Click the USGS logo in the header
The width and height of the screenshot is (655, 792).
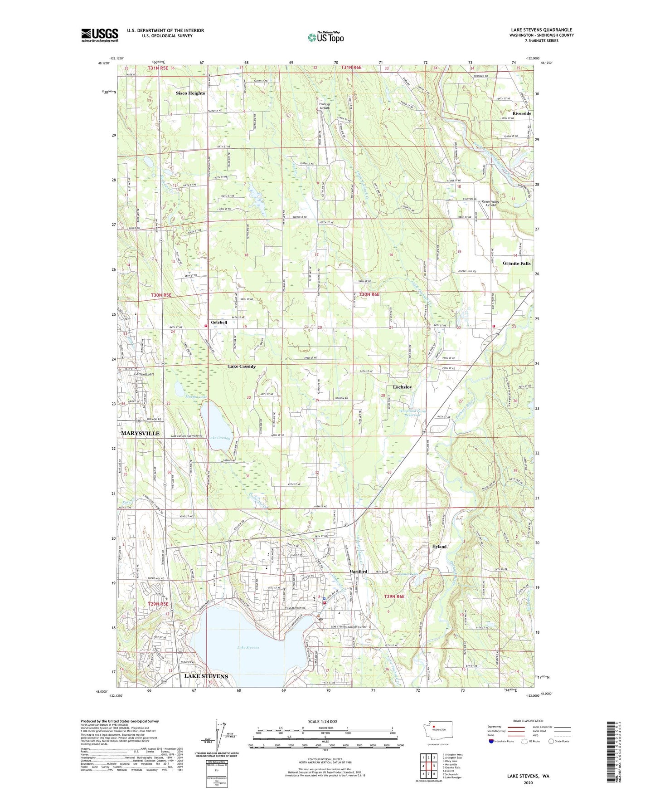pos(100,35)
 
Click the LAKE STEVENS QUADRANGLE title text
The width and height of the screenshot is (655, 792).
pos(541,30)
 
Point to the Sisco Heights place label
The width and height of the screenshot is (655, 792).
pos(190,93)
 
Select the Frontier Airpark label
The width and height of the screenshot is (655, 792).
pos(325,106)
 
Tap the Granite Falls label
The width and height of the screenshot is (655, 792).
pos(516,263)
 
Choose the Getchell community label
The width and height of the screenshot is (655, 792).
pos(219,323)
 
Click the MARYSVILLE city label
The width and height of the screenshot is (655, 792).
pos(140,433)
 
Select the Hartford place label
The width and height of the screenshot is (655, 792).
pos(358,571)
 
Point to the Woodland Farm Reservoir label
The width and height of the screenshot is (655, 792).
pos(412,413)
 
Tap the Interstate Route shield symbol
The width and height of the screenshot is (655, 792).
pos(491,741)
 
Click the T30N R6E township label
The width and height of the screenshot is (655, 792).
pos(369,295)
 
